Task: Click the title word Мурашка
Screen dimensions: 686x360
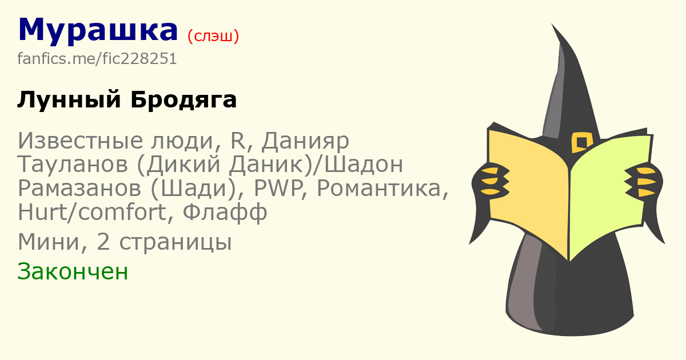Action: pos(98,31)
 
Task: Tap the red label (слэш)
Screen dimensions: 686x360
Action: pos(213,36)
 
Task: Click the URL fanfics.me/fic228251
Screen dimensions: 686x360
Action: pos(97,58)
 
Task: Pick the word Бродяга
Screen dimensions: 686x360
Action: pos(184,100)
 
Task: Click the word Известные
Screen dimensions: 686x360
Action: pos(81,141)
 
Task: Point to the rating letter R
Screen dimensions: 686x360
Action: pos(238,141)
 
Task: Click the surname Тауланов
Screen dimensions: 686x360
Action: pos(73,165)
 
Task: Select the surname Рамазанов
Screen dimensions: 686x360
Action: pos(79,188)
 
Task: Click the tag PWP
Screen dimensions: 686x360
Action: pos(278,188)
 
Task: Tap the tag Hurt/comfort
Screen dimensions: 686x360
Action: pos(92,211)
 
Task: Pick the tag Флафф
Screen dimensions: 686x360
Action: pos(225,212)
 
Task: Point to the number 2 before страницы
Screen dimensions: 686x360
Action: pos(103,242)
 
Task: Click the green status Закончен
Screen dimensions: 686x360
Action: pos(73,271)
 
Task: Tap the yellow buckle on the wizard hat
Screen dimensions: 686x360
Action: pos(581,142)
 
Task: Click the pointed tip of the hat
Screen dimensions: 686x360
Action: pos(552,24)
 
